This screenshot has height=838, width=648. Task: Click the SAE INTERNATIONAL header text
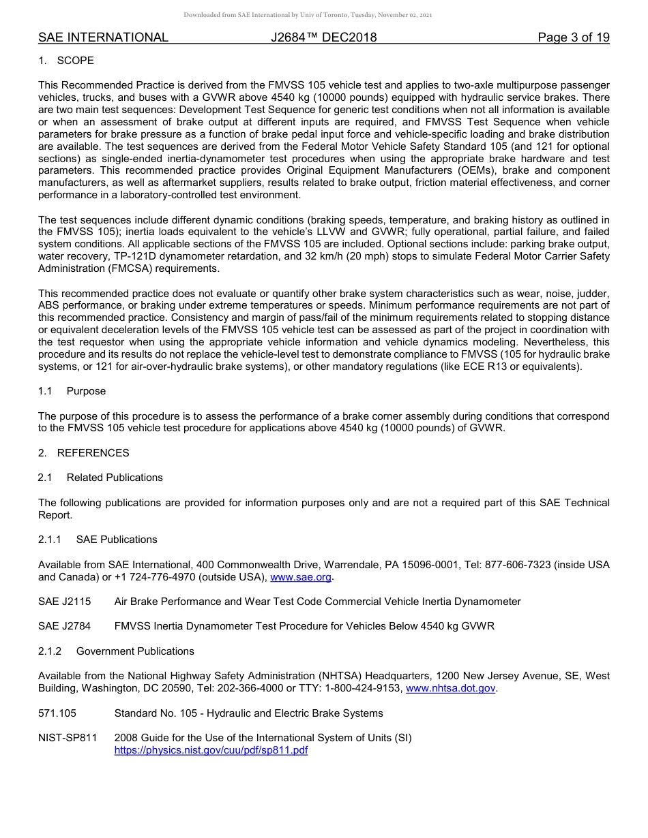(x=103, y=37)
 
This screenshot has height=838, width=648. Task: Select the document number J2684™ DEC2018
(x=323, y=37)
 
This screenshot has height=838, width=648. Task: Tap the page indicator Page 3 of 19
(x=573, y=37)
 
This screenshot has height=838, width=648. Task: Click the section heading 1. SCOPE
(x=66, y=61)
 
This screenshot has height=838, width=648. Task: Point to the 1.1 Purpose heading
(x=72, y=391)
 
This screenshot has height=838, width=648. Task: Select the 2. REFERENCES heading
(x=83, y=453)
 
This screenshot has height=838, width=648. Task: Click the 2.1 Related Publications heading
(x=100, y=478)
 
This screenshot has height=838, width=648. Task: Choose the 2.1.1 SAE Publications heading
(x=98, y=540)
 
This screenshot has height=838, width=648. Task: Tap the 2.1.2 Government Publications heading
(x=116, y=651)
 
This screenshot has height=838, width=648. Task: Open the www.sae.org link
(x=301, y=577)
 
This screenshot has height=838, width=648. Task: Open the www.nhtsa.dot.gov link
(x=451, y=689)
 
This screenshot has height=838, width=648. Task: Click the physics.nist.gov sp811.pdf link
(x=211, y=750)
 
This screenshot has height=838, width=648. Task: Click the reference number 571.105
(x=57, y=713)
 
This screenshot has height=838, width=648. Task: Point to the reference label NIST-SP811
(x=68, y=738)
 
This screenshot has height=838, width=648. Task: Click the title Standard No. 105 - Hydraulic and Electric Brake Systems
(x=248, y=713)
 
